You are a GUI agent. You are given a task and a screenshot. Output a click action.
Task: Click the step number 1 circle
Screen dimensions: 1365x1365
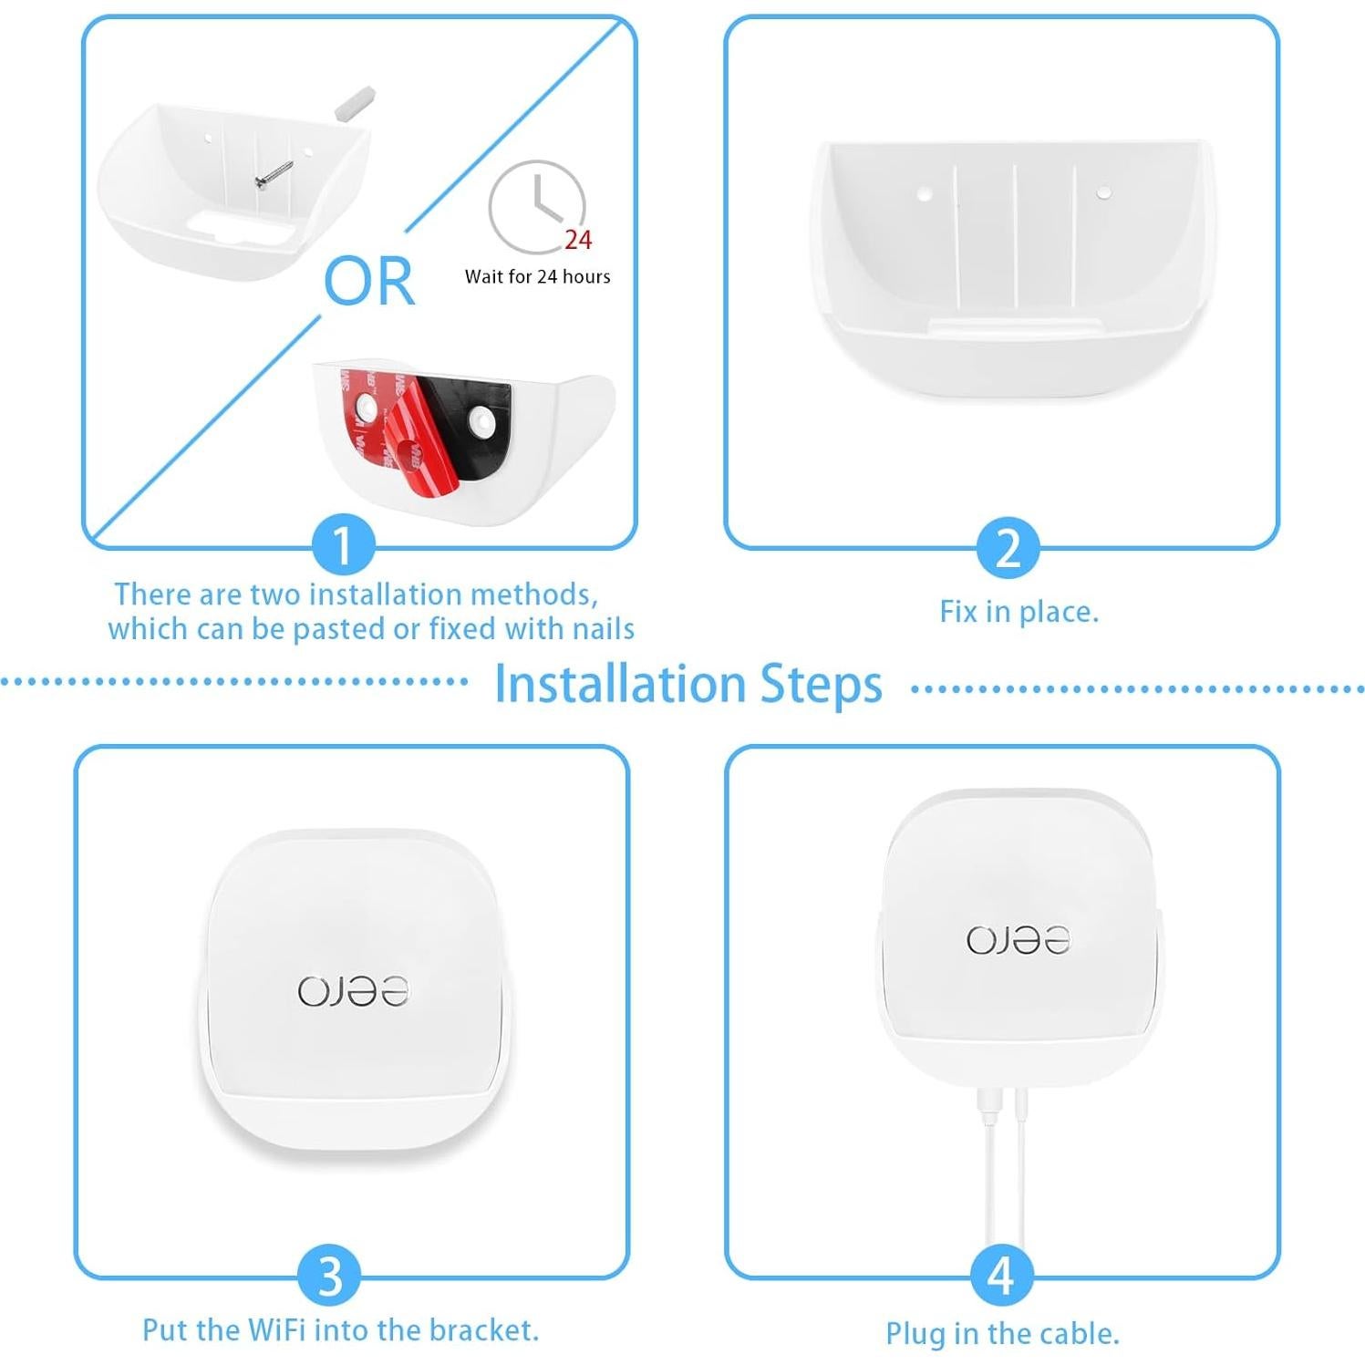pos(343,545)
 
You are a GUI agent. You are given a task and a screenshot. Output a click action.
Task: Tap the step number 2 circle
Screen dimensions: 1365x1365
pos(1007,548)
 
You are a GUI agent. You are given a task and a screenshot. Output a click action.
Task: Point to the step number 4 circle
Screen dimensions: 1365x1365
pos(1000,1275)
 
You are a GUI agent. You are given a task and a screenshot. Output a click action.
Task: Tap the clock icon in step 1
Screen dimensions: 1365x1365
pos(536,206)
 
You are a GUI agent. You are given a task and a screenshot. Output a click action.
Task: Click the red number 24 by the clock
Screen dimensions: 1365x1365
pos(577,240)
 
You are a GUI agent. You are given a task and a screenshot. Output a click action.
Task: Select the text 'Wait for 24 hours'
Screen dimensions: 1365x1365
pos(537,276)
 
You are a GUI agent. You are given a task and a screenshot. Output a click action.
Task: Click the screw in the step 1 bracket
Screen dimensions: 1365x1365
pos(274,175)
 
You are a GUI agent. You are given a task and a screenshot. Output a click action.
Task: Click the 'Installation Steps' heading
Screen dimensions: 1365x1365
pos(688,684)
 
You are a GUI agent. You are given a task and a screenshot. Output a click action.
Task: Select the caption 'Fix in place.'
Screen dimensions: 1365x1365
pos(1019,611)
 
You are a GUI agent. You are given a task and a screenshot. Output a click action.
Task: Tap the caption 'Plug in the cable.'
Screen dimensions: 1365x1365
pos(1002,1333)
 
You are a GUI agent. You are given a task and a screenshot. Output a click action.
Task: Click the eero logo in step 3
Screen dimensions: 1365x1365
pos(353,991)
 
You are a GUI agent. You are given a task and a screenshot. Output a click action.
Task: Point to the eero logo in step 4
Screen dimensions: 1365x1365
pos(1018,940)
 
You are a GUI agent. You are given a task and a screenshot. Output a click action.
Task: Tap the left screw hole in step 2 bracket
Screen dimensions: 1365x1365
pos(923,193)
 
